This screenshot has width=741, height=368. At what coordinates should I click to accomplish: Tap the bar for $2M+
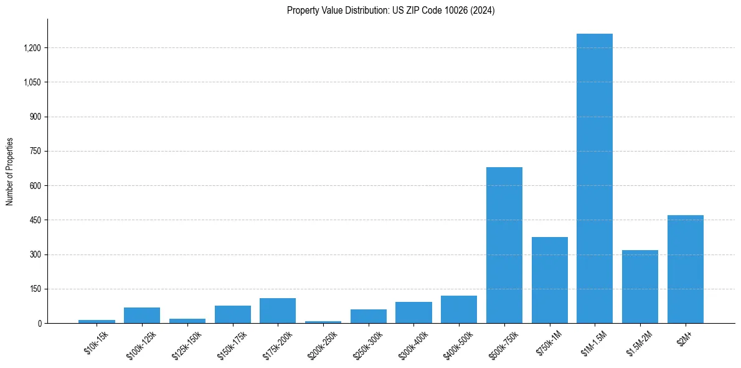pyautogui.click(x=685, y=269)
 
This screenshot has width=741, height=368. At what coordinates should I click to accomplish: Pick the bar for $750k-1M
pyautogui.click(x=549, y=280)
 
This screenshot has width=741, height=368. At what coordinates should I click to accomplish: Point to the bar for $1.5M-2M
pyautogui.click(x=640, y=287)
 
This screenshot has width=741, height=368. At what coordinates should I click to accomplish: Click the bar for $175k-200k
pyautogui.click(x=278, y=311)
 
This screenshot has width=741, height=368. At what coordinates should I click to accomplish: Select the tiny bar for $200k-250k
pyautogui.click(x=323, y=322)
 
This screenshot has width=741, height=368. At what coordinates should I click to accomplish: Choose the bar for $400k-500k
pyautogui.click(x=459, y=309)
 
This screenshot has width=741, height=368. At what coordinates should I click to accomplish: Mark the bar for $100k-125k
pyautogui.click(x=142, y=316)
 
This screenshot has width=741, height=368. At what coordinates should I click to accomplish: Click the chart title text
pyautogui.click(x=390, y=11)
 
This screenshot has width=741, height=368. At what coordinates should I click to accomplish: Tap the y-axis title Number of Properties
pyautogui.click(x=10, y=172)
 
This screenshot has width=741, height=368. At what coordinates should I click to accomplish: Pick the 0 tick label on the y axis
pyautogui.click(x=39, y=324)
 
